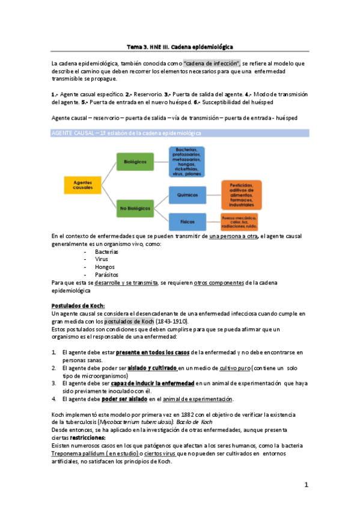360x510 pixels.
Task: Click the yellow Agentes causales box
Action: click(82, 185)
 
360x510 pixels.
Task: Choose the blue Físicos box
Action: click(187, 221)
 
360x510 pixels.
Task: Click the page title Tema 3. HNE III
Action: click(180, 46)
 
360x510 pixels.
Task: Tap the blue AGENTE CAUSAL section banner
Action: click(180, 133)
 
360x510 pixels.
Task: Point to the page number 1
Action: click(306, 484)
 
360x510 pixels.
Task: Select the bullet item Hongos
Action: click(105, 266)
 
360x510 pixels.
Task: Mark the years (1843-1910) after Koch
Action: click(180, 321)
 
